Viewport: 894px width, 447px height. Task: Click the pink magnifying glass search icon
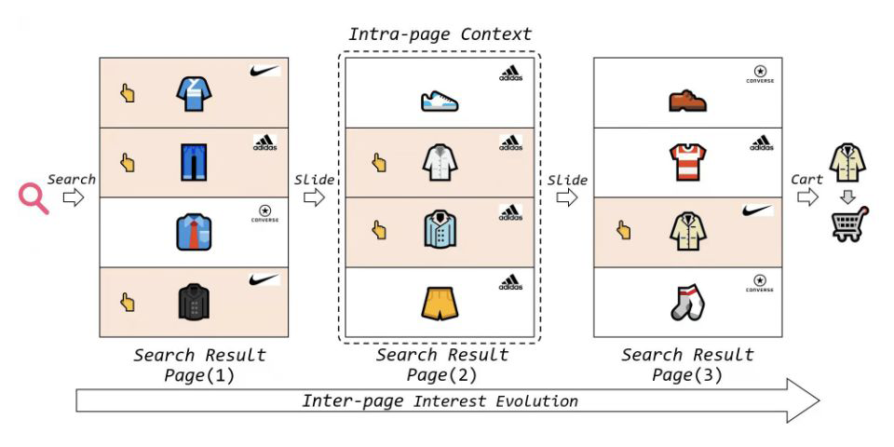(34, 198)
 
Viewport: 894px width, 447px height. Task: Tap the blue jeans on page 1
(193, 161)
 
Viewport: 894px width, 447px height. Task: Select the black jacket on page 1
(194, 302)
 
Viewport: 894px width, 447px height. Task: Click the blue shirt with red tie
(194, 231)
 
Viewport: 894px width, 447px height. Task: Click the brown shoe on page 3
(687, 99)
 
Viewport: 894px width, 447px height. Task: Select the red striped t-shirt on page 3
(687, 161)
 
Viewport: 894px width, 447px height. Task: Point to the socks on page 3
(687, 302)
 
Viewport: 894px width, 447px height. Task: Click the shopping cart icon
(848, 223)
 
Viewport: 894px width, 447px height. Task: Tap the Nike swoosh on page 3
(758, 211)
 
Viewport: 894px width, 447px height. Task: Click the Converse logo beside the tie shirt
(265, 215)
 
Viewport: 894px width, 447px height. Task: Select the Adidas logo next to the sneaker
(510, 74)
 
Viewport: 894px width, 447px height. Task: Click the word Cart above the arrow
(806, 179)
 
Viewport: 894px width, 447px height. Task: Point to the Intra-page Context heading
(440, 34)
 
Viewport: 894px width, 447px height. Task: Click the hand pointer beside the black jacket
(128, 302)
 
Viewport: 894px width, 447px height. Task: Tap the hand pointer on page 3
(625, 231)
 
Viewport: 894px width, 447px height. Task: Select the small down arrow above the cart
(847, 195)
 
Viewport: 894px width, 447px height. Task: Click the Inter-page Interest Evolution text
(440, 401)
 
